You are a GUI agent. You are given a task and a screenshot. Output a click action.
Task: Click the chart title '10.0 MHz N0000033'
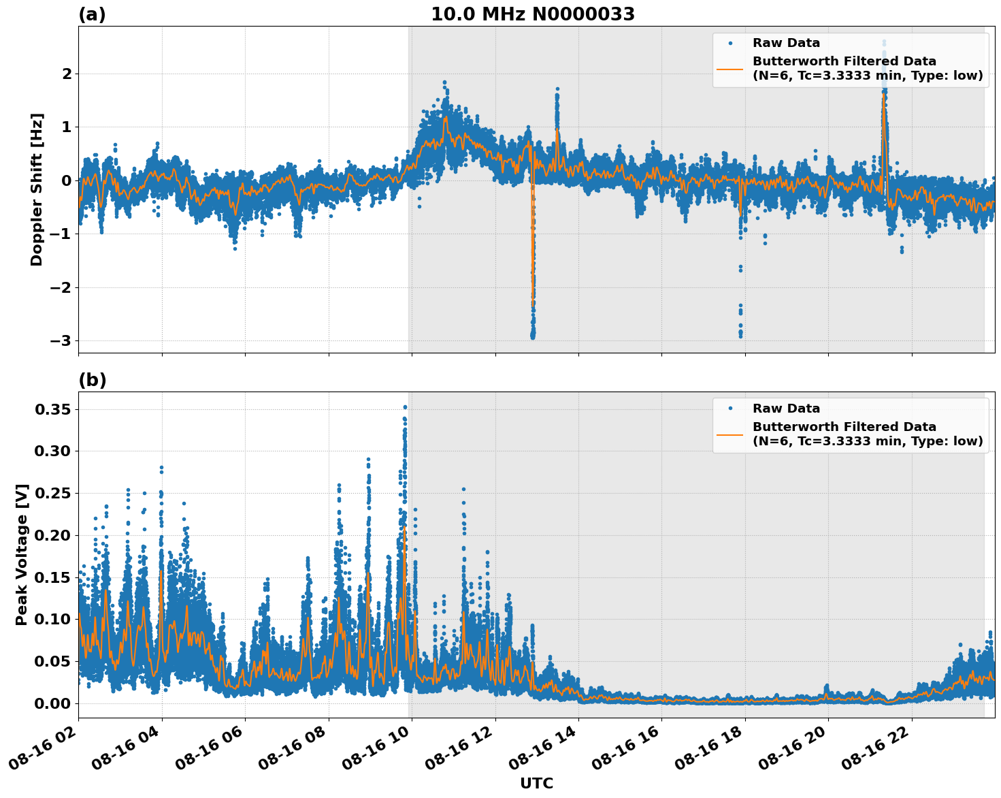pyautogui.click(x=532, y=14)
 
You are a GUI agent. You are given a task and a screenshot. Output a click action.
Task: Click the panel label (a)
pyautogui.click(x=92, y=14)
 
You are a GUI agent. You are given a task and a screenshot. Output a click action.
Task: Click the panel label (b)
pyautogui.click(x=92, y=380)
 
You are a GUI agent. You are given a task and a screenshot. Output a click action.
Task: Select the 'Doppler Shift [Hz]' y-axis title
pyautogui.click(x=37, y=189)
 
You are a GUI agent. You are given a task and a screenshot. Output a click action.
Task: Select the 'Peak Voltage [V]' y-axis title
pyautogui.click(x=22, y=554)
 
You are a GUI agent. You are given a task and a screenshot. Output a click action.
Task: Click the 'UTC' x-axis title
pyautogui.click(x=536, y=783)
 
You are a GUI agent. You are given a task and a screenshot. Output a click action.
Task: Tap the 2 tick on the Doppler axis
pyautogui.click(x=67, y=74)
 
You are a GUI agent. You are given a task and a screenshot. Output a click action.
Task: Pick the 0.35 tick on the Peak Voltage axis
pyautogui.click(x=53, y=409)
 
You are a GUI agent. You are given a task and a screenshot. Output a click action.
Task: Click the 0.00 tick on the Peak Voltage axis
pyautogui.click(x=53, y=703)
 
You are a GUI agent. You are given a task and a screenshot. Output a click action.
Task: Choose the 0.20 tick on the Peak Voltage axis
pyautogui.click(x=53, y=535)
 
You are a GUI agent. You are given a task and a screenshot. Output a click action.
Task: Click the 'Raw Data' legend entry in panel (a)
pyautogui.click(x=786, y=43)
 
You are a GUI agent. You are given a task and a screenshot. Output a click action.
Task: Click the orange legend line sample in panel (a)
pyautogui.click(x=729, y=68)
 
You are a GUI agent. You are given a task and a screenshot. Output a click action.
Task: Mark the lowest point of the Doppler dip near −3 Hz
pyautogui.click(x=532, y=337)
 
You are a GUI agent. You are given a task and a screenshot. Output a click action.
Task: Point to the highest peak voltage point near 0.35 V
pyautogui.click(x=405, y=407)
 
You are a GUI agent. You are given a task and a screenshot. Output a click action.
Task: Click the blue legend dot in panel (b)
pyautogui.click(x=729, y=409)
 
